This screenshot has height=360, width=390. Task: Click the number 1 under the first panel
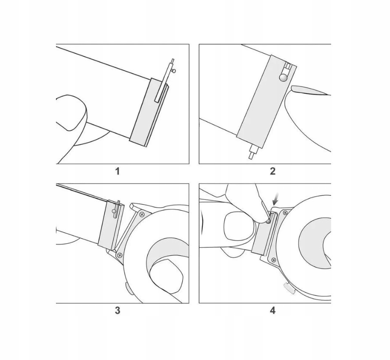point(118,171)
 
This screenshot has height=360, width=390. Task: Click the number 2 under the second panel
point(273,171)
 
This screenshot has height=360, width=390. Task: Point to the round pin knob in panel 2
point(283,77)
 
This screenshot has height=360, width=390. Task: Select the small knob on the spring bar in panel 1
point(174,71)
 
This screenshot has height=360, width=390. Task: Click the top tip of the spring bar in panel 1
point(172,59)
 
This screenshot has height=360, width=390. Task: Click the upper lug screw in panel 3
point(142,214)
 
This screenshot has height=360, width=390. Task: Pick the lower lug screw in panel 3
point(120,255)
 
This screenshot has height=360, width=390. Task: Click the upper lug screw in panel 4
point(285,213)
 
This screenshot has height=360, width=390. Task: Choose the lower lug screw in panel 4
point(274,260)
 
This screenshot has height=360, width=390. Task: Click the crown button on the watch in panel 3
point(129,289)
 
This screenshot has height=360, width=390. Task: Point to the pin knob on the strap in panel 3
point(114,211)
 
